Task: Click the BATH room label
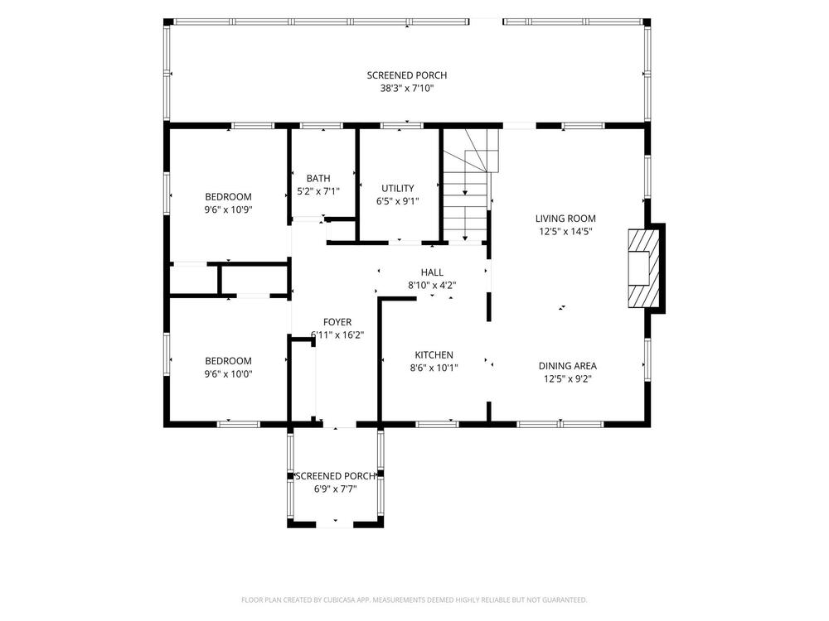(x=318, y=179)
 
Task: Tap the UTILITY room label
(x=398, y=189)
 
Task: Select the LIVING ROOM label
(x=565, y=219)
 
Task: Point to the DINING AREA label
(x=567, y=366)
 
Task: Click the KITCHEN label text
(x=434, y=355)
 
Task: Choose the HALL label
(x=432, y=272)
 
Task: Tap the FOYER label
(x=337, y=322)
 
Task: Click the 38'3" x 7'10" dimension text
(x=406, y=89)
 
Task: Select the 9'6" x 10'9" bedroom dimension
(x=229, y=210)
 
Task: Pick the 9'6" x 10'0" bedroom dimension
(x=229, y=374)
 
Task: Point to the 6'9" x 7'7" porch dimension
(x=335, y=489)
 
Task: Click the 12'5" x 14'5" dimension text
(x=565, y=231)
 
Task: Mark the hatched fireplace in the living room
(x=644, y=268)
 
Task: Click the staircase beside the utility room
(x=469, y=185)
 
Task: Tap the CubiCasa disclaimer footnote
(x=414, y=599)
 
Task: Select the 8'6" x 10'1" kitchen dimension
(x=434, y=368)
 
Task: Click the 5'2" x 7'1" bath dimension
(x=318, y=191)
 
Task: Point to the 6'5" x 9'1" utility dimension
(x=398, y=201)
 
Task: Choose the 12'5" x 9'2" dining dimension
(x=567, y=378)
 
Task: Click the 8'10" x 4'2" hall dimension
(x=432, y=285)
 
